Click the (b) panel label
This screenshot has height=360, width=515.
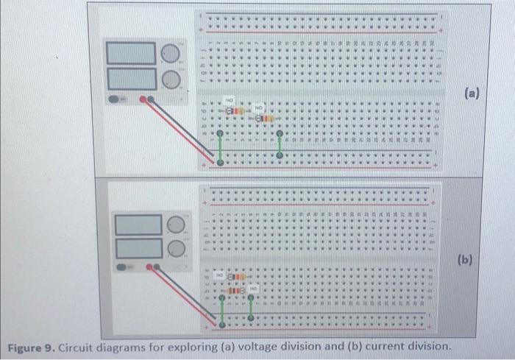[465, 260]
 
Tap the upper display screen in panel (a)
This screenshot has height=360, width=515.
[132, 52]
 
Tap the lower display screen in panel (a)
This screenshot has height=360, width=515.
[132, 77]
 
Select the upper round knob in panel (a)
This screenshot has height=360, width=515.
[170, 53]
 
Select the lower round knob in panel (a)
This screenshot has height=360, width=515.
[170, 78]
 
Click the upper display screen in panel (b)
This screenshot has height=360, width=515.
[137, 224]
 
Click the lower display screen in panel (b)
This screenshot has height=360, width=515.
[137, 248]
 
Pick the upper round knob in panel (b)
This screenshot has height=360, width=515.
[175, 224]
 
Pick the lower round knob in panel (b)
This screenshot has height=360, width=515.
[175, 249]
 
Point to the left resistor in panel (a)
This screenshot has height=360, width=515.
[234, 111]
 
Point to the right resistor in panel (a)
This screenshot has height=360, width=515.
[263, 117]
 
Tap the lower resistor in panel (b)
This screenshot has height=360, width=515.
[235, 291]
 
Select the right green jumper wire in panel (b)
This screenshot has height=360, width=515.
[251, 308]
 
